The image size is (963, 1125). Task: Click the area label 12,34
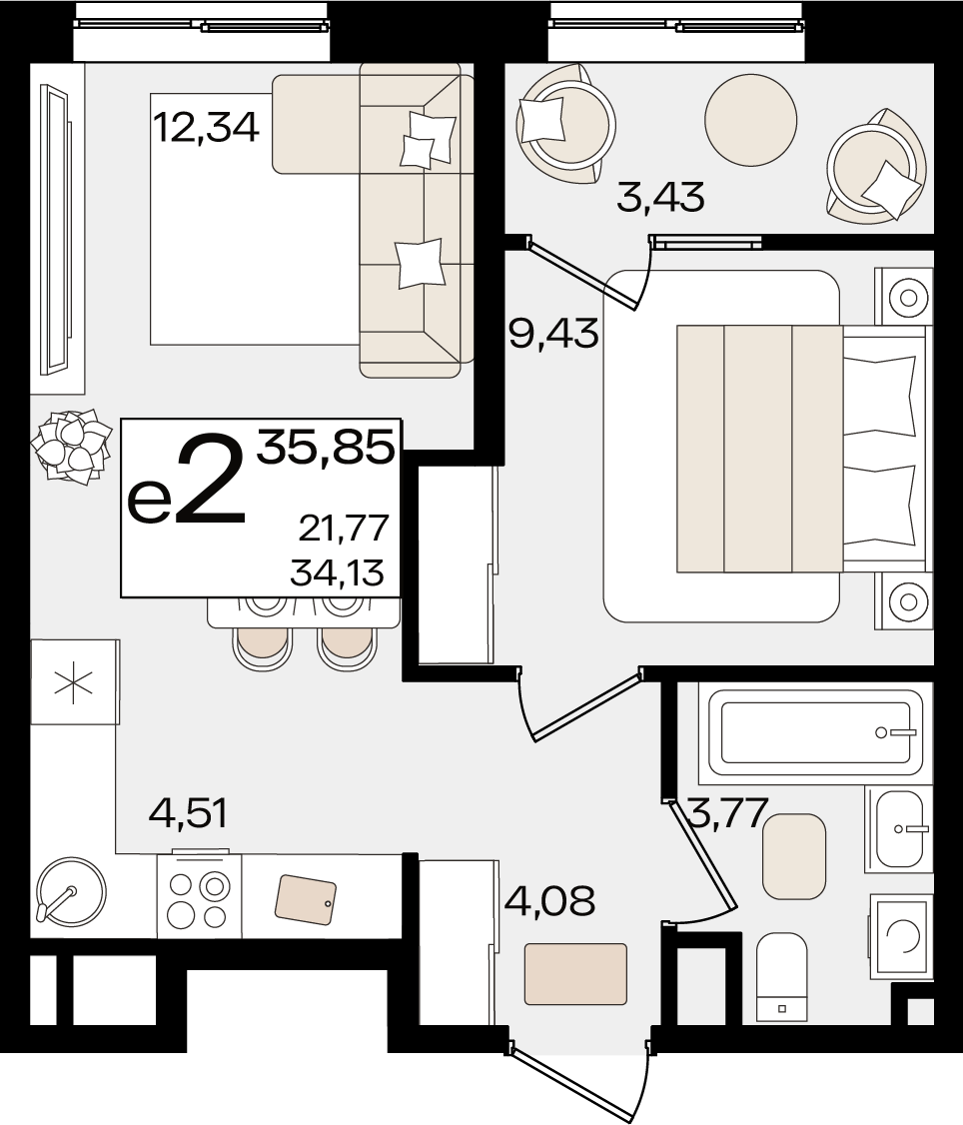coord(206,129)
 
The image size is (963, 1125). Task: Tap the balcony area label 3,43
coord(661,197)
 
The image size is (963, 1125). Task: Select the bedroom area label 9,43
coord(553,333)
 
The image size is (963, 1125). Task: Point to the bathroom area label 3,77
coord(727,813)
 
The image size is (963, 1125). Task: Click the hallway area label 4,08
coord(549,900)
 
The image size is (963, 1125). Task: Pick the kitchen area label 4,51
coord(188,813)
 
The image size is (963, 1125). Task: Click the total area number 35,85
coord(327,447)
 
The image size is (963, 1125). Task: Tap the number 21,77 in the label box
coord(344,530)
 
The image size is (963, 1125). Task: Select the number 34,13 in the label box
coord(338,572)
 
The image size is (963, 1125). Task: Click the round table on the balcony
coord(750,119)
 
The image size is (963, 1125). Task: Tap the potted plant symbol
coord(71,445)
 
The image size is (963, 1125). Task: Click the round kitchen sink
coord(70,893)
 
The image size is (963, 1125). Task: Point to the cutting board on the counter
coord(306,900)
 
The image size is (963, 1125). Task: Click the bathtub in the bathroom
coord(815,732)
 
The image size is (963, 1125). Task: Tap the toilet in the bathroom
coord(782,977)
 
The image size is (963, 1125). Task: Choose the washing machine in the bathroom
coord(902,936)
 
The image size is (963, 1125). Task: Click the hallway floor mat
coord(575,973)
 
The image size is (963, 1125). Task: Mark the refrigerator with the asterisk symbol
coord(75,682)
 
